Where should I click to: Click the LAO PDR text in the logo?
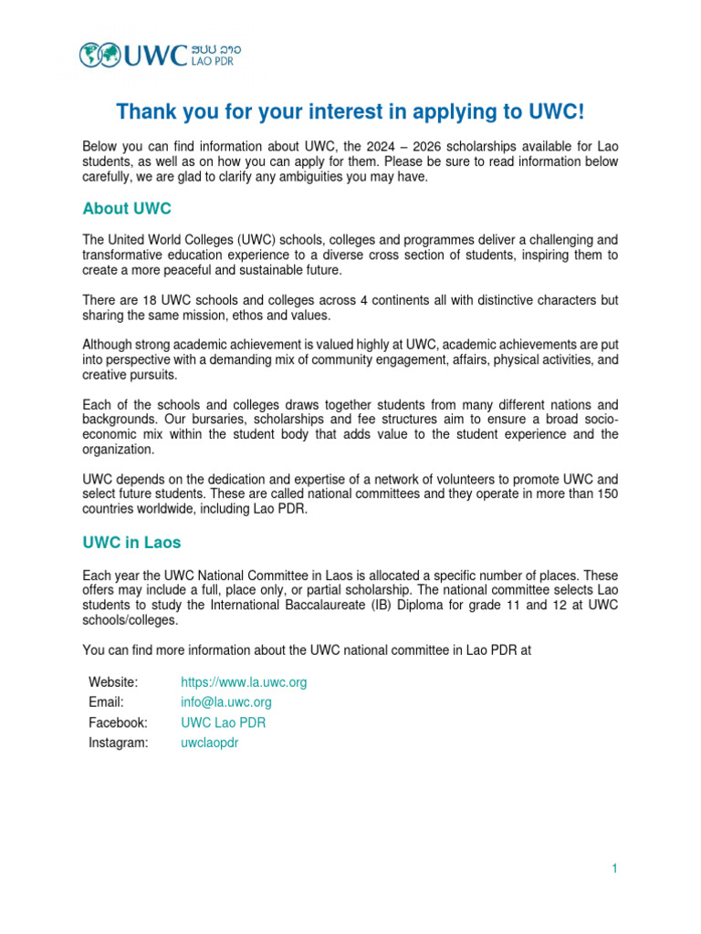pos(216,62)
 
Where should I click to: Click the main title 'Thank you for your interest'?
pos(350,112)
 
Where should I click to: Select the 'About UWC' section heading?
pos(127,209)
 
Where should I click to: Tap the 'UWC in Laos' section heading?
pos(131,543)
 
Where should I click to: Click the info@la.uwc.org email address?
pos(226,702)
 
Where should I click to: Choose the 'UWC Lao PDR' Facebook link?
pos(224,722)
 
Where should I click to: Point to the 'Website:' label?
pos(113,682)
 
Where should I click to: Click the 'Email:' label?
pos(106,702)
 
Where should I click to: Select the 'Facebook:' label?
pos(118,722)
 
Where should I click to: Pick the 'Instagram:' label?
pos(118,742)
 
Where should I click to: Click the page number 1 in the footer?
pos(615,869)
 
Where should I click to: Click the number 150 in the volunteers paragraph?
pos(607,493)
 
